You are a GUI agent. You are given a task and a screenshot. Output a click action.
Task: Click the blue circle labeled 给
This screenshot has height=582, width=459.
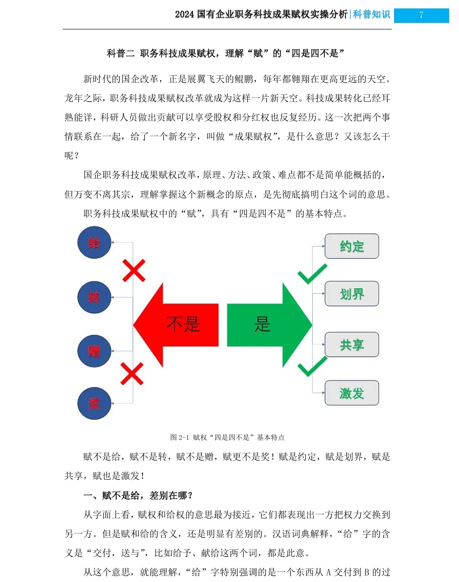94,243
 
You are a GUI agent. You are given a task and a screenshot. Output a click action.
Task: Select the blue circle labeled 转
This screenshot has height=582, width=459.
94,297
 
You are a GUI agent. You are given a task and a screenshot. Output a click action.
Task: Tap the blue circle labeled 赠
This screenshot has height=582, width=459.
94,351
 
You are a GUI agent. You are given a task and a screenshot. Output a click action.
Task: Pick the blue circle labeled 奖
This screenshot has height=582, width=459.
94,403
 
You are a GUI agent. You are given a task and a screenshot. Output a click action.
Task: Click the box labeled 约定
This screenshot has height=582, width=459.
351,246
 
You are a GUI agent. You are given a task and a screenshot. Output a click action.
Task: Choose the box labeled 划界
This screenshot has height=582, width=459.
351,294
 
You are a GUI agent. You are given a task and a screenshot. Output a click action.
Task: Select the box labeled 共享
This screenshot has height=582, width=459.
351,345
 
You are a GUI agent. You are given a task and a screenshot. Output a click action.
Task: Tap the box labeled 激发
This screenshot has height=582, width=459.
351,393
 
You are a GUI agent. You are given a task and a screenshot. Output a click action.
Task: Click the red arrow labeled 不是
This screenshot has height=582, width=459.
178,324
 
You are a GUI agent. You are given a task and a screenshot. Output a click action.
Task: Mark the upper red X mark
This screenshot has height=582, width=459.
134,271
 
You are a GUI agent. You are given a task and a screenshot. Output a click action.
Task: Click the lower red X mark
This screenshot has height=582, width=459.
132,374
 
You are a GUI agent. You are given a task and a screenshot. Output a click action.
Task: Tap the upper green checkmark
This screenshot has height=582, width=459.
312,274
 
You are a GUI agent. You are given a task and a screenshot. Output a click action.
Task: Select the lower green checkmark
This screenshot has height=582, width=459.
312,366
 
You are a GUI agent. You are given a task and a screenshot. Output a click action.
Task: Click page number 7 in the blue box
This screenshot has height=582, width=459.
421,15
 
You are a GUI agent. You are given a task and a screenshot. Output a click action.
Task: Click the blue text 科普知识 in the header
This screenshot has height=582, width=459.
371,14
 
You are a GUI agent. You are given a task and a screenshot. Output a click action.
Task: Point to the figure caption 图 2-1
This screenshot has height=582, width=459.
227,438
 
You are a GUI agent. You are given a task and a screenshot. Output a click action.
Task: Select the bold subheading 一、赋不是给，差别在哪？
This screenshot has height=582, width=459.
138,496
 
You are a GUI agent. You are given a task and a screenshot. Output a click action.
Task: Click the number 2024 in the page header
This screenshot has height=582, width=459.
184,14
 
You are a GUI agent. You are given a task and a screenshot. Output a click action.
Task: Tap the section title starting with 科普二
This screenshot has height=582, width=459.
225,53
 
